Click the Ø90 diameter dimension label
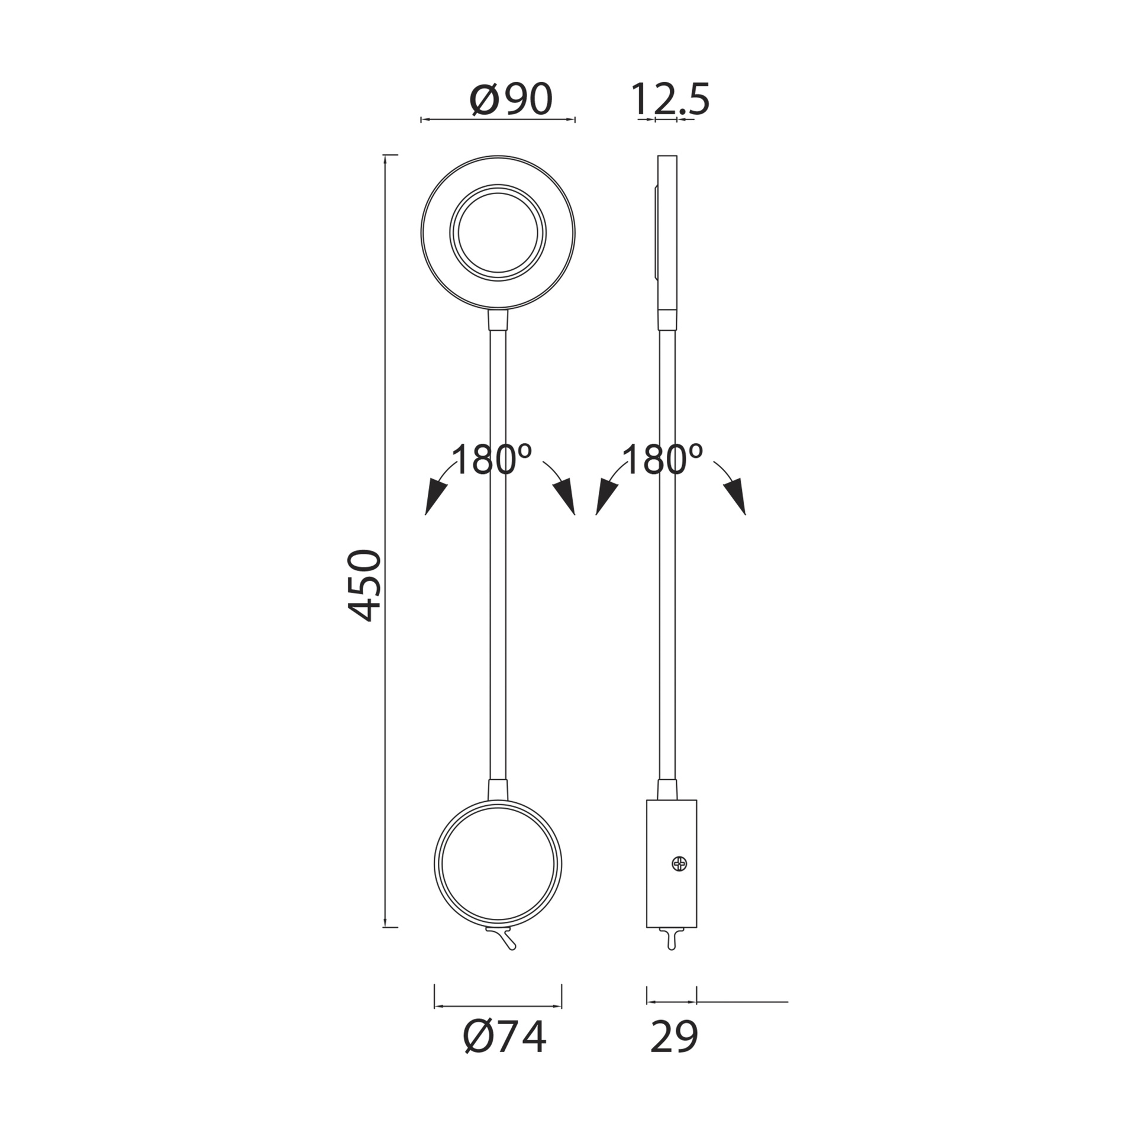click(x=511, y=99)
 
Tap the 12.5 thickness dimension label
click(x=670, y=99)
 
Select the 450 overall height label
click(x=364, y=585)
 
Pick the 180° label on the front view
click(x=492, y=460)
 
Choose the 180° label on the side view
click(x=663, y=460)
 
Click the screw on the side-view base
click(x=680, y=864)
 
